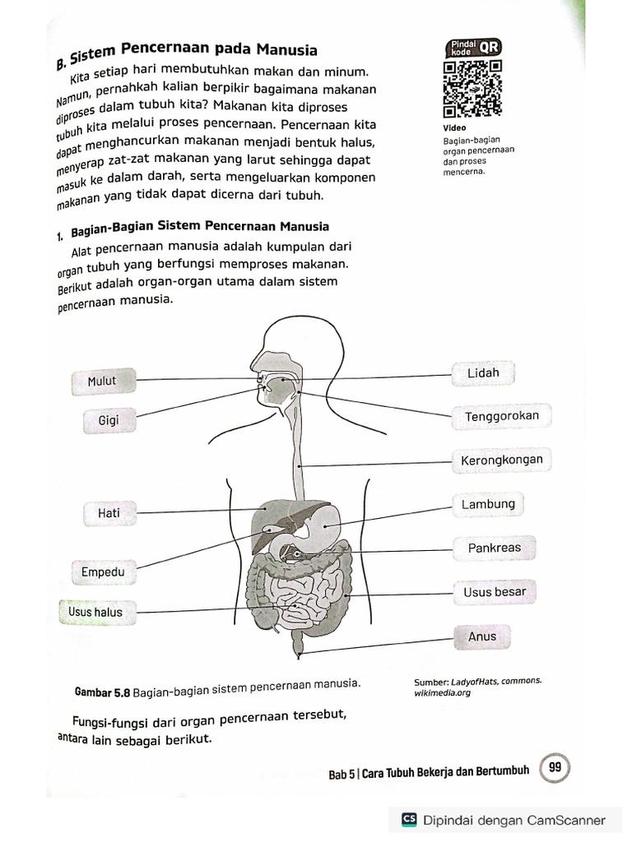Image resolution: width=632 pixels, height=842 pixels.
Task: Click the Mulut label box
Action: point(102,381)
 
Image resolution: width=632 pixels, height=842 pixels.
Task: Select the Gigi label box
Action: point(109,420)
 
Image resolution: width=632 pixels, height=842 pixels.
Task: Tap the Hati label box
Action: point(109,513)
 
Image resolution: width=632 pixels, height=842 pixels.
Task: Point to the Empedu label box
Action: point(102,571)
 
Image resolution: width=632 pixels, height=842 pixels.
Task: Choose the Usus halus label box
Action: point(95,612)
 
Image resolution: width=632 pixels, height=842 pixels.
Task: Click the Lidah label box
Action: point(483,373)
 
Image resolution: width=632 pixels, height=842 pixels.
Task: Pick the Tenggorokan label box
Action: point(501,416)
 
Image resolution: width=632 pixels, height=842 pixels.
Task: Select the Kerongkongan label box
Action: point(501,460)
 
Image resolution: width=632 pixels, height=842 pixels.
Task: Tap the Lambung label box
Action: point(488,504)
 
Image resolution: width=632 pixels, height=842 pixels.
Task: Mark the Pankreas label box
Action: point(494,548)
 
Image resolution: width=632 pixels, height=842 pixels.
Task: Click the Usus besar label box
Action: point(494,592)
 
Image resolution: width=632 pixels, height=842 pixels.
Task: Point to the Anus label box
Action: point(482,636)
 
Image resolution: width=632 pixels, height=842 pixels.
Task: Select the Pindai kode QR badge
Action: point(472,48)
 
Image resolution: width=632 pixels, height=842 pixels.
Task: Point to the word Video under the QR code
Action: point(453,127)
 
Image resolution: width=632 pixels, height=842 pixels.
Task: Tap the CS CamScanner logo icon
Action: point(409,820)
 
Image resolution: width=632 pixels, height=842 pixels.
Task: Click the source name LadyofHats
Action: point(476,681)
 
